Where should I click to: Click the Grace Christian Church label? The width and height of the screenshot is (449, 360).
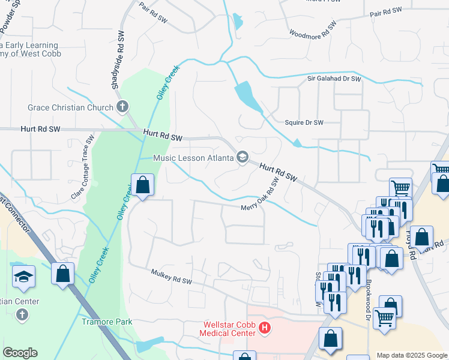70,108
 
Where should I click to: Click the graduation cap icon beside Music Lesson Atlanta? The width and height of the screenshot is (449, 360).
243,158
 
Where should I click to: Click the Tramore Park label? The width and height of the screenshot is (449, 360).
107,322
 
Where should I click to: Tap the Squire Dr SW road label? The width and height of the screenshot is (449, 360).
304,122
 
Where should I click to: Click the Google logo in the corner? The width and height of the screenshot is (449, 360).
20,353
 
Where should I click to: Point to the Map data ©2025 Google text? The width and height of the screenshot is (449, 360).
412,355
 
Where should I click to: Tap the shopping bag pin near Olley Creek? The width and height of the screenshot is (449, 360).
143,185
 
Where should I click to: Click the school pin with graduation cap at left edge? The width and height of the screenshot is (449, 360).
23,276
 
